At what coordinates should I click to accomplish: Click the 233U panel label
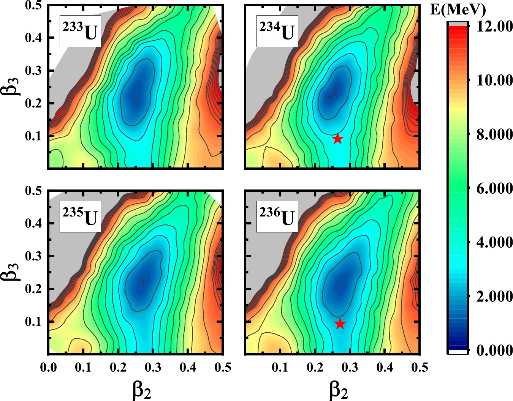80,31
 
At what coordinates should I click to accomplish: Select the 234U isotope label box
277,31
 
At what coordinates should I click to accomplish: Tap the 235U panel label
80,216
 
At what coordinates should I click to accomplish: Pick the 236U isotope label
277,216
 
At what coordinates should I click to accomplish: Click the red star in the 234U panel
337,139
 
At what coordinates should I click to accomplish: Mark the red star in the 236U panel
340,324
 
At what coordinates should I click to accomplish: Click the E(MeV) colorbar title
458,9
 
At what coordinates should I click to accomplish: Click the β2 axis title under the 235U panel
142,390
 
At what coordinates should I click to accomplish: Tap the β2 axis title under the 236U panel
339,390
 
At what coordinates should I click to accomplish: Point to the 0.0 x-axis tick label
48,368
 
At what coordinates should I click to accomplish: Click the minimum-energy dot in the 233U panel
136,100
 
